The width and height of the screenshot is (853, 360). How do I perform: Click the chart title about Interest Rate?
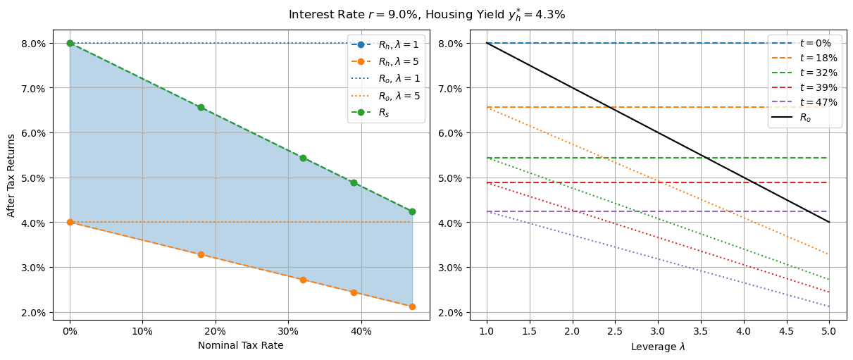[x=426, y=14]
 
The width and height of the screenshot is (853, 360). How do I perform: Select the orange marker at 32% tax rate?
[x=303, y=280]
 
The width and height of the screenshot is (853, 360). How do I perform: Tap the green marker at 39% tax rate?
[x=354, y=182]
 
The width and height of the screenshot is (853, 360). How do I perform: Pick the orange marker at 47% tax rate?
[x=412, y=306]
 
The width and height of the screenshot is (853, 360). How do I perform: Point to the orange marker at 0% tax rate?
[x=70, y=222]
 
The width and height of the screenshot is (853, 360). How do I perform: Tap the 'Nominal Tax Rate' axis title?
[x=240, y=345]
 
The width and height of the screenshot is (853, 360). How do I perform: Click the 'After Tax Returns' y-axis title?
[x=11, y=173]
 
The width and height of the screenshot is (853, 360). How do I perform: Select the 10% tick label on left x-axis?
[x=142, y=330]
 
